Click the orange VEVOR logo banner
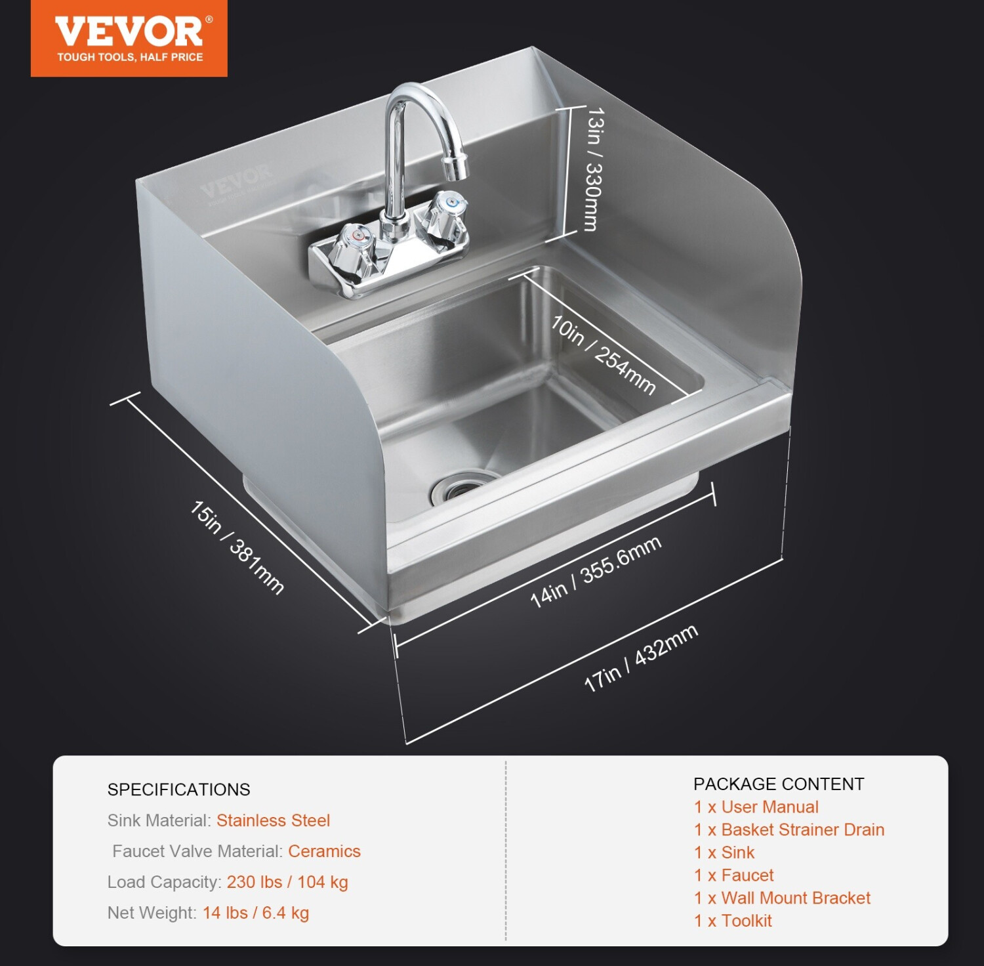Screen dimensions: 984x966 click(x=129, y=38)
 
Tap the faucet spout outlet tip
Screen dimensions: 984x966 click(x=457, y=167)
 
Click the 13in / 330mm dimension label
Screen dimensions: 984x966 click(x=593, y=169)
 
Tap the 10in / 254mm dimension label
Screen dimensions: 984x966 click(x=603, y=354)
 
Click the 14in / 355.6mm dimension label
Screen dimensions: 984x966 click(x=596, y=571)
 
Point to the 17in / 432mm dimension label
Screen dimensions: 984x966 click(x=641, y=658)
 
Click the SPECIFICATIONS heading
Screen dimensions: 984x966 click(x=179, y=789)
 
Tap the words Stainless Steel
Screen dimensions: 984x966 click(x=273, y=820)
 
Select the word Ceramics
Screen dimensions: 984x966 click(x=324, y=851)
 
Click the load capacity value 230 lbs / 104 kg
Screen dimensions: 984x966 click(x=287, y=882)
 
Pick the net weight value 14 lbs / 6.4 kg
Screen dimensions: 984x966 click(x=256, y=913)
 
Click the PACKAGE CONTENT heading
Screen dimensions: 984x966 click(x=779, y=784)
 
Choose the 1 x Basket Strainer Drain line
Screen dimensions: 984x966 click(x=789, y=829)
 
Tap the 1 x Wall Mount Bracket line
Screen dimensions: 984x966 click(x=783, y=898)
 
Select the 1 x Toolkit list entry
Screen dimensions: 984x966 click(x=733, y=921)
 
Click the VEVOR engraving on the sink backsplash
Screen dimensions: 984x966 click(x=236, y=183)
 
